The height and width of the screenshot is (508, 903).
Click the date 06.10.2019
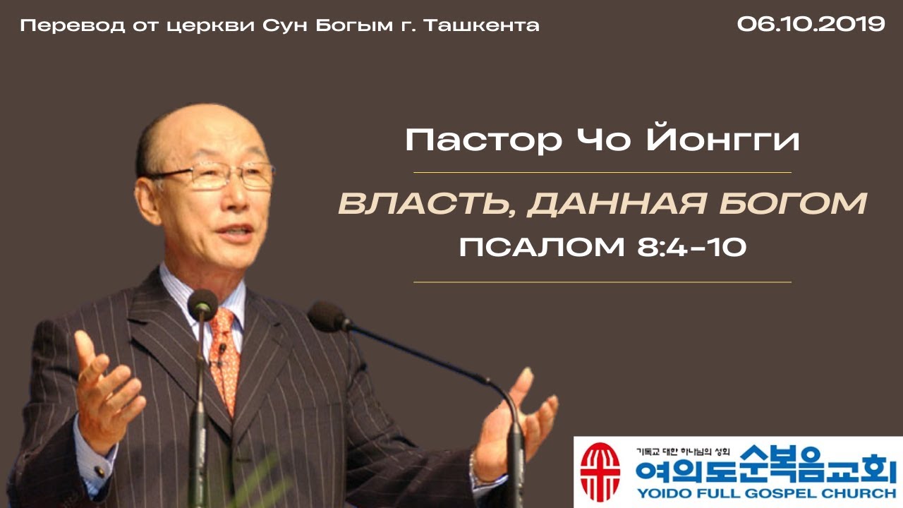pos(811,24)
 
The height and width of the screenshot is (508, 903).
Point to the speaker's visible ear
pos(148,198)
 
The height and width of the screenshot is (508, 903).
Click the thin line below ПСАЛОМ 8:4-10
pos(602,282)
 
